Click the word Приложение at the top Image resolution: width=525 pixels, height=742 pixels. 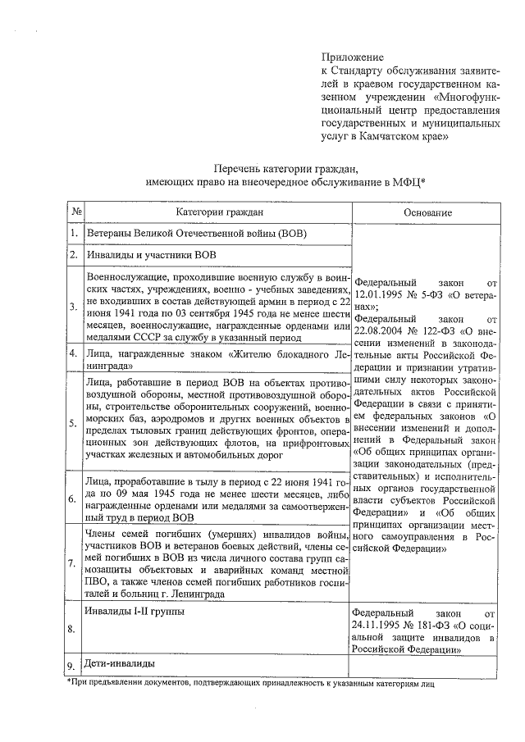pos(352,57)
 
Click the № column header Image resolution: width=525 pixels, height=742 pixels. pos(75,212)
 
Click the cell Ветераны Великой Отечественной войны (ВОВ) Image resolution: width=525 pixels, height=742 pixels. pos(197,234)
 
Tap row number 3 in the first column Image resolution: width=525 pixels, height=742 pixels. pos(75,307)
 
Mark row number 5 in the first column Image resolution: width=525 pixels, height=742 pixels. pos(75,421)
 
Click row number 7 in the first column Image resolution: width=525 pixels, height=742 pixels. pos(75,562)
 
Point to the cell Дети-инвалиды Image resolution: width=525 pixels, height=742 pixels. pos(121,663)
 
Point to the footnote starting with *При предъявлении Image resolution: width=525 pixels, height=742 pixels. pos(247,682)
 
